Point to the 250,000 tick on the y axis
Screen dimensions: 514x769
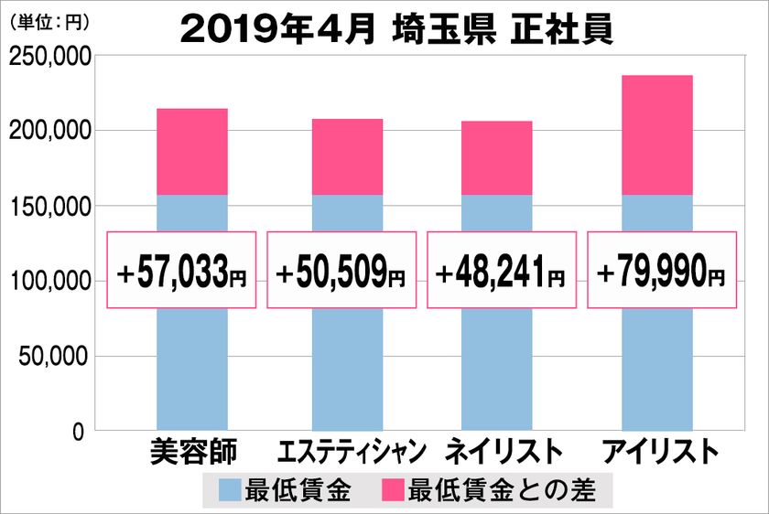coord(49,59)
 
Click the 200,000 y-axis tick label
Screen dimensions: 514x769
coord(49,133)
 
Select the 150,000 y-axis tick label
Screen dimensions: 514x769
coord(49,208)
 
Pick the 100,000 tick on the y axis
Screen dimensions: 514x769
coord(49,282)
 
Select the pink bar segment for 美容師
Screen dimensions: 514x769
coord(192,152)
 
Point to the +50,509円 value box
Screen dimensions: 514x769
coord(341,270)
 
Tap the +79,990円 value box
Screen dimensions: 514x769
coord(661,270)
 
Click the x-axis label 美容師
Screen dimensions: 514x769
coord(192,452)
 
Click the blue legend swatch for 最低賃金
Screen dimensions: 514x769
coord(231,490)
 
